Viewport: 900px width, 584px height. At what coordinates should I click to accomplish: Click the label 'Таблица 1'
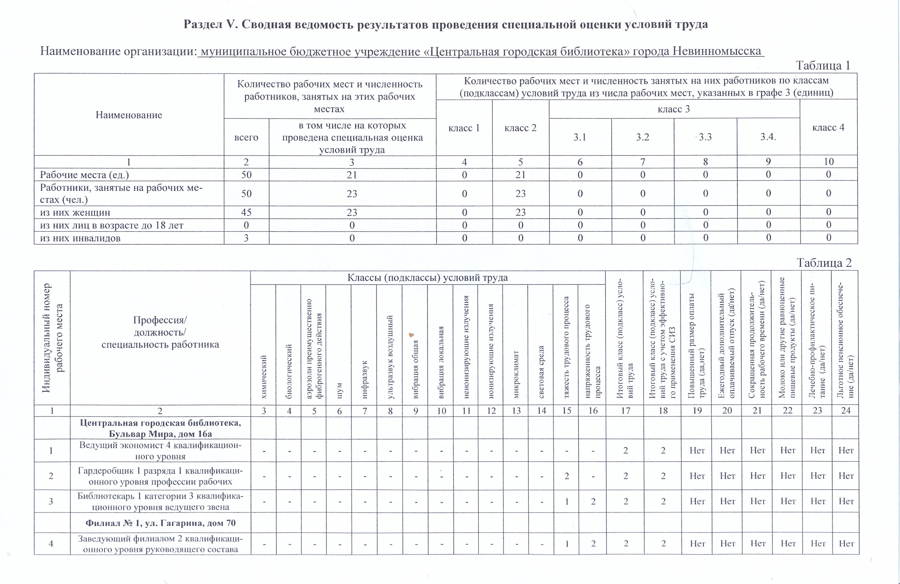(823, 66)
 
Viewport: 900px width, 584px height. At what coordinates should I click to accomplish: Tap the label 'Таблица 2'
(824, 263)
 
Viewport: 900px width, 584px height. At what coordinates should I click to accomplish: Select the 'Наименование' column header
(129, 115)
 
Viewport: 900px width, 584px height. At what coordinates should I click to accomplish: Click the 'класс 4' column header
(828, 128)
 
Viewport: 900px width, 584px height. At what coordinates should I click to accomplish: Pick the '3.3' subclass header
(705, 137)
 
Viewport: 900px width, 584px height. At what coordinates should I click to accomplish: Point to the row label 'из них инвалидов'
(80, 238)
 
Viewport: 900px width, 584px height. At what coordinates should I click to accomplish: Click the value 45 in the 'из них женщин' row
(246, 212)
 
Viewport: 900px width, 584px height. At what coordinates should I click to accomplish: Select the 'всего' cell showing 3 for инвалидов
(246, 238)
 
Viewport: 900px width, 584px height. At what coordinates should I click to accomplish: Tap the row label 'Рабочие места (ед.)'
(84, 175)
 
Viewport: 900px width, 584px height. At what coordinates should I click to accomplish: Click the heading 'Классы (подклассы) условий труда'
(427, 278)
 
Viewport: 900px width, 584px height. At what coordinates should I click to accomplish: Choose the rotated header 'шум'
(339, 390)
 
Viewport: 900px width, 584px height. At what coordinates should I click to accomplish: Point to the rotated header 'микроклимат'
(516, 374)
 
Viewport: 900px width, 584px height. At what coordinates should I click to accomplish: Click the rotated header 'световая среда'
(541, 372)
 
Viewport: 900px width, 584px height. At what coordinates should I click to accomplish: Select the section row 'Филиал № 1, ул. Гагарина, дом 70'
(160, 523)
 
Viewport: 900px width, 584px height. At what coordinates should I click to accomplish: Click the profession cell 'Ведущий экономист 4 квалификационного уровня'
(160, 451)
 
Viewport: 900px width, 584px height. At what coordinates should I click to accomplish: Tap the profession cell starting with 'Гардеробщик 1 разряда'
(160, 476)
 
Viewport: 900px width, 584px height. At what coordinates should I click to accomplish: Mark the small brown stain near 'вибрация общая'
(411, 335)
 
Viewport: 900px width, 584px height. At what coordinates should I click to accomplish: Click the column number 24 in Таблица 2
(846, 411)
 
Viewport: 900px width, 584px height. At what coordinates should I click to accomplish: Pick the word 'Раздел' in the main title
(203, 24)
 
